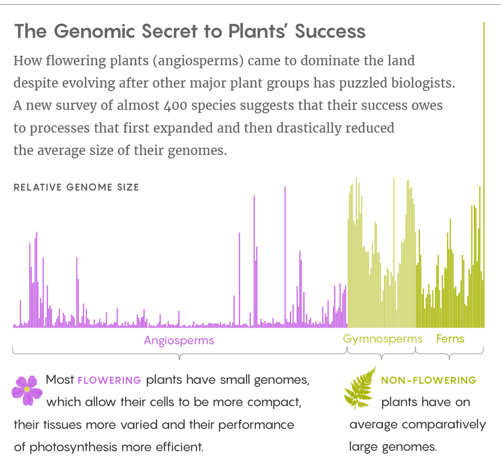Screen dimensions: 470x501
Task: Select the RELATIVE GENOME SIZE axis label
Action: pyautogui.click(x=76, y=187)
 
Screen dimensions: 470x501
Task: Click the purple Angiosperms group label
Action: pyautogui.click(x=179, y=340)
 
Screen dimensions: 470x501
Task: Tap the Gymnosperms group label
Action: pyautogui.click(x=383, y=339)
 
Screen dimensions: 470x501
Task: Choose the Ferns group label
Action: pyautogui.click(x=450, y=339)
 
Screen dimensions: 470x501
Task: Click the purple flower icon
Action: pyautogui.click(x=27, y=390)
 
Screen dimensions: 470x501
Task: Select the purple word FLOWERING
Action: pyautogui.click(x=110, y=381)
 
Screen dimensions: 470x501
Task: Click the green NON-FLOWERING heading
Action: pyautogui.click(x=429, y=381)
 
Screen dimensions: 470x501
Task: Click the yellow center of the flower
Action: pyautogui.click(x=27, y=390)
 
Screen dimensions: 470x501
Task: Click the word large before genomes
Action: pyautogui.click(x=363, y=446)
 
